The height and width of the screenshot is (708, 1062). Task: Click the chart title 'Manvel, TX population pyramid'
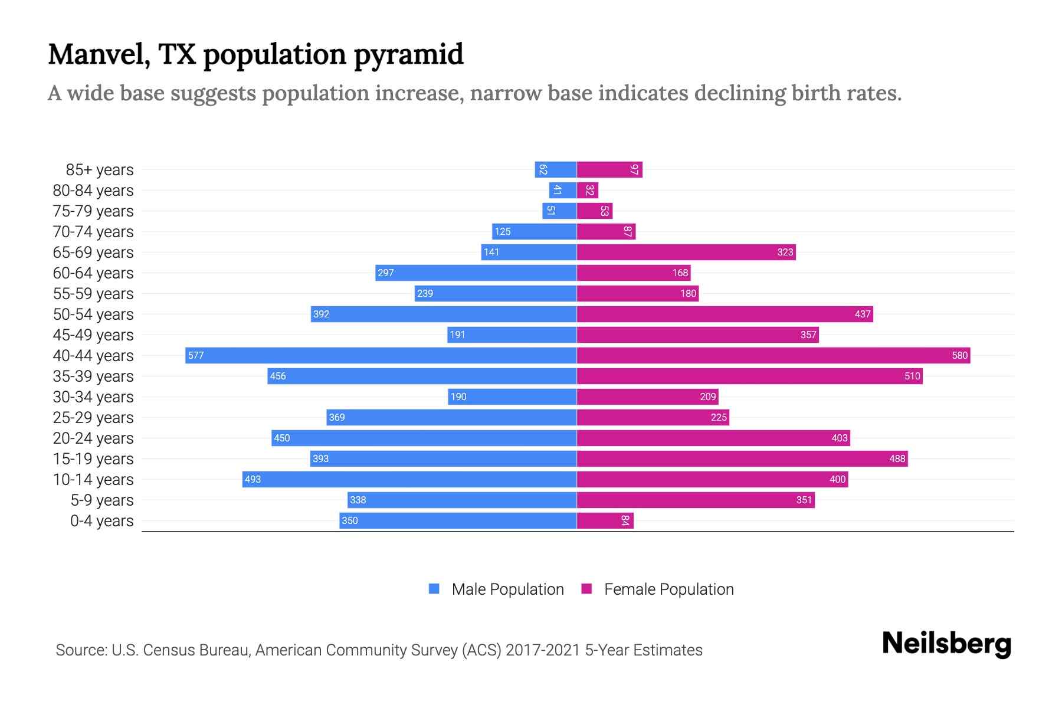[x=255, y=54]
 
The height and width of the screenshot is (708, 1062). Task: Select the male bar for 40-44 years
[x=381, y=355]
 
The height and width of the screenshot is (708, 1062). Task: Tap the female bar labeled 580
[x=773, y=355]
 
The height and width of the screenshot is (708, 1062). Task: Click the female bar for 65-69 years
[x=686, y=252]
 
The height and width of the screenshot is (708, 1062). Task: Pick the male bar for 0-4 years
[x=458, y=520]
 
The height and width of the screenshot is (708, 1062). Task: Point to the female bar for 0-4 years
[x=605, y=520]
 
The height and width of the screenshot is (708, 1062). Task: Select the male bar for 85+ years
[x=555, y=169]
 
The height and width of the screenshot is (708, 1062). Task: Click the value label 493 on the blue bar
[x=253, y=479]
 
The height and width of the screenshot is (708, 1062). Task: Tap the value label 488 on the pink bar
[x=897, y=458]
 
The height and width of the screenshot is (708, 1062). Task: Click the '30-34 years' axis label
[x=93, y=397]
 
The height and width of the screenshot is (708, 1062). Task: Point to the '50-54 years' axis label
[x=93, y=314]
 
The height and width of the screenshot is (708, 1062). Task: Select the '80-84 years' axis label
[x=93, y=191]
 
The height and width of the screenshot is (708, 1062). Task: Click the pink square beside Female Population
[x=586, y=589]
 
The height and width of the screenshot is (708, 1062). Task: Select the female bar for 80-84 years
[x=588, y=190]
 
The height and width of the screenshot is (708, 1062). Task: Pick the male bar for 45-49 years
[x=512, y=335]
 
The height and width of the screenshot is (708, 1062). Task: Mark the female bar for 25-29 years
[x=653, y=417]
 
